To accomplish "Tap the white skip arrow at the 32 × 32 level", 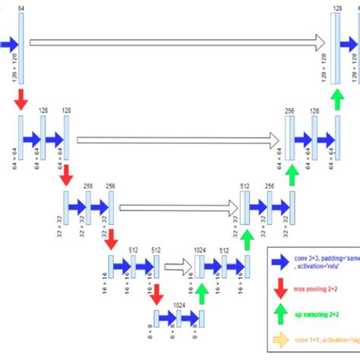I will click(x=178, y=207).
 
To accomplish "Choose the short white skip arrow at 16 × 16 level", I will click(x=179, y=266).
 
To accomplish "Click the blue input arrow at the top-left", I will click(x=8, y=45).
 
